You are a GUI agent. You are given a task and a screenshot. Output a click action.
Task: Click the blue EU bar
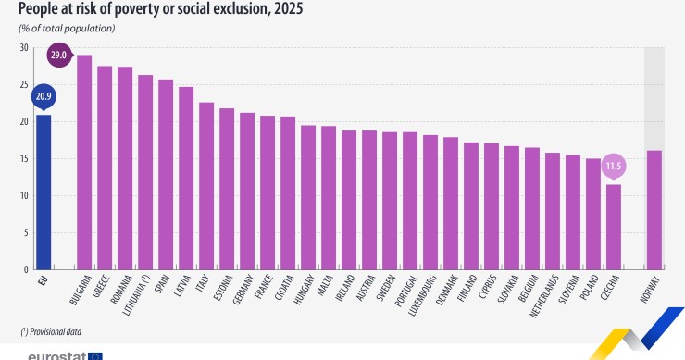tap(44, 192)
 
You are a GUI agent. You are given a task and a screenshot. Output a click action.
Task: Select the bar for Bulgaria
tap(84, 162)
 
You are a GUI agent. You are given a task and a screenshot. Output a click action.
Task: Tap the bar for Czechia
tap(614, 227)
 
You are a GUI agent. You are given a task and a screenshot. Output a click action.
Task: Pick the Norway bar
tap(654, 210)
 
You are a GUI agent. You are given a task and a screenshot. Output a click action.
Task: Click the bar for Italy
tap(206, 186)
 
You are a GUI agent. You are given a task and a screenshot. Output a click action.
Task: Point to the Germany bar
tap(247, 191)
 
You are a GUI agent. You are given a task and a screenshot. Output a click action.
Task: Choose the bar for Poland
tap(592, 214)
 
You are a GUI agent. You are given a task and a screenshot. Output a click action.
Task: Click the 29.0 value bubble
tap(59, 55)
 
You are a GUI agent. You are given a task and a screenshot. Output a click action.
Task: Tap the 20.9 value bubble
tap(44, 97)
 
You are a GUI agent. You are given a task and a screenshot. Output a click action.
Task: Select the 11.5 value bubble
tap(614, 167)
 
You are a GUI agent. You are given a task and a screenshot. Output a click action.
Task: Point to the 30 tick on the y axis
tap(24, 47)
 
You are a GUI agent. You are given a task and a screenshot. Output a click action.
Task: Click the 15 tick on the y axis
tap(24, 158)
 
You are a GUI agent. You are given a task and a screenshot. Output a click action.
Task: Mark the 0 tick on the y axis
tap(26, 269)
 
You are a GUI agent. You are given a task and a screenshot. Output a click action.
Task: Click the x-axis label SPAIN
tap(162, 284)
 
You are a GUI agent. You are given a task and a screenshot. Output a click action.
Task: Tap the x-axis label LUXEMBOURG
tap(421, 296)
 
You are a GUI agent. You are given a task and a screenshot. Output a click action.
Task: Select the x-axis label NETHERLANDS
tap(544, 296)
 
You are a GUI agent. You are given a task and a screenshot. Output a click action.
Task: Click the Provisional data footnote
tap(51, 332)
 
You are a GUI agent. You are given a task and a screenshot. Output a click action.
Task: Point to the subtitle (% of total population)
tap(67, 29)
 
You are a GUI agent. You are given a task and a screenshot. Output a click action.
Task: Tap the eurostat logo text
tap(57, 356)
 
